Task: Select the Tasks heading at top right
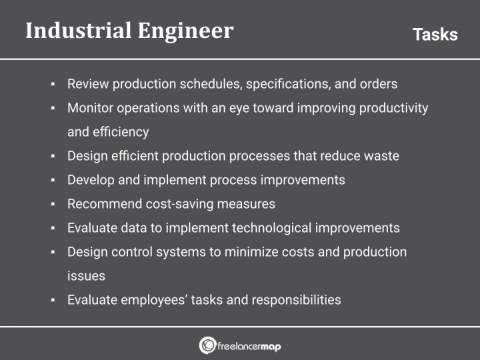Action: pos(435,35)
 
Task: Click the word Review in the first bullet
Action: pos(88,84)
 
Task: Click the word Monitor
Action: pos(90,108)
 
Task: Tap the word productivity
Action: pos(393,108)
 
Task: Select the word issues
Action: pos(86,276)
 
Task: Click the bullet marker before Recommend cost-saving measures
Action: pos(53,205)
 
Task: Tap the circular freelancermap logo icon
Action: pos(207,345)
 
